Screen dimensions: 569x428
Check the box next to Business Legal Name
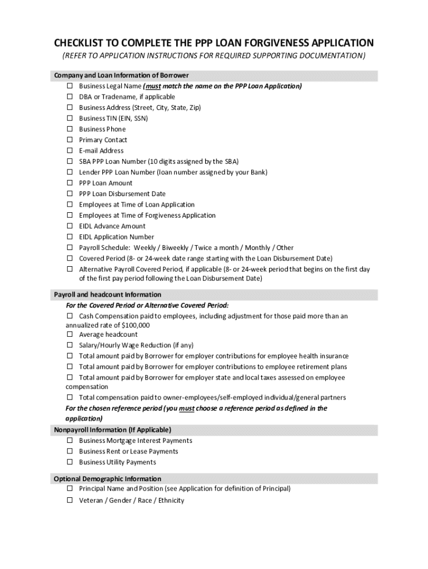tap(70, 86)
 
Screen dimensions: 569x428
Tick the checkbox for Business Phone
tap(70, 129)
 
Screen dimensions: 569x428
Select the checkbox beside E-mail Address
tap(70, 151)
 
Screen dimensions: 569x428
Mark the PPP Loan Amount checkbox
tap(70, 183)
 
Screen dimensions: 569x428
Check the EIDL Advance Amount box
tap(70, 226)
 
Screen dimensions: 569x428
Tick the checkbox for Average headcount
tap(70, 335)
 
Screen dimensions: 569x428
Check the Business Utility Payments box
tap(70, 462)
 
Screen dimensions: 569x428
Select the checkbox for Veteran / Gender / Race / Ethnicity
tap(70, 500)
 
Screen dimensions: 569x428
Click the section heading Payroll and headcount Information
tap(107, 295)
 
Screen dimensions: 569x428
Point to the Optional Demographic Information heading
tap(107, 479)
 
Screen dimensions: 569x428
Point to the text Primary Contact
tap(103, 140)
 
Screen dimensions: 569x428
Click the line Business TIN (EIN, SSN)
tap(113, 118)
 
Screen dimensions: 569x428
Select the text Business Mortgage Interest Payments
tap(136, 441)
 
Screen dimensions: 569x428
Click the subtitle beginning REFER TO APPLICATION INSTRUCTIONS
tap(213, 56)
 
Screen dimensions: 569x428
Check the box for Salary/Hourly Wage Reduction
tap(70, 345)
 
